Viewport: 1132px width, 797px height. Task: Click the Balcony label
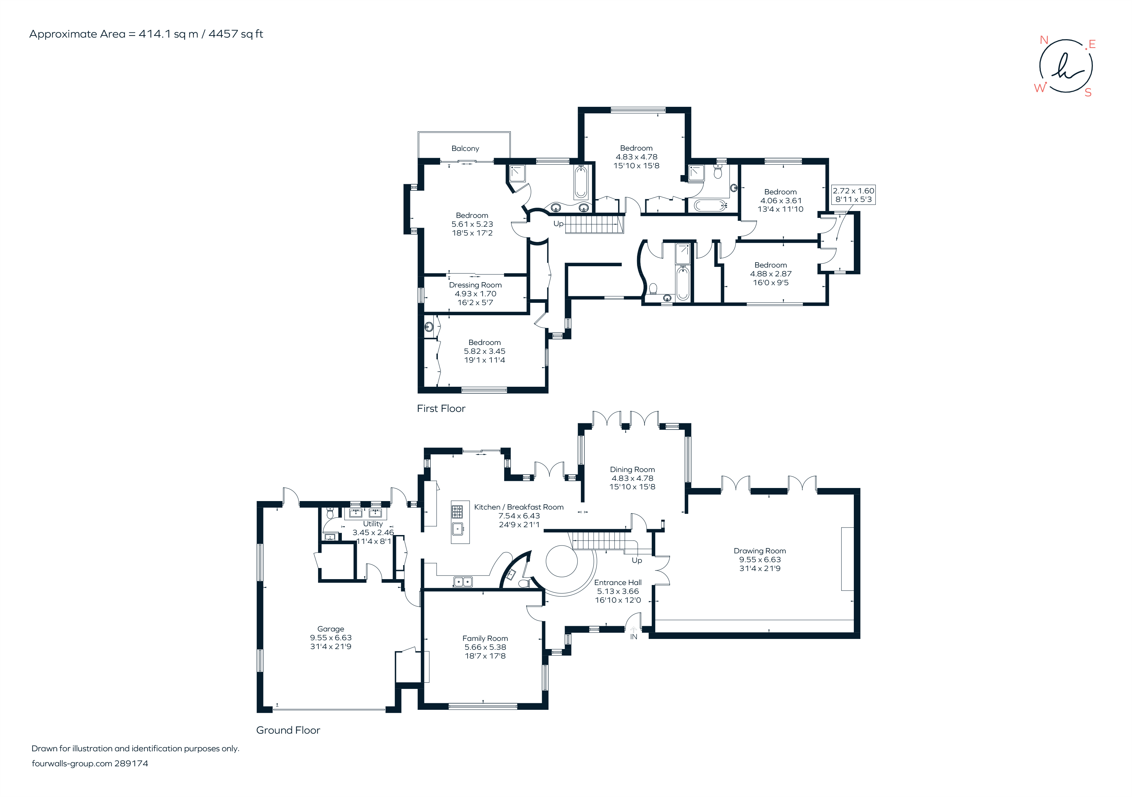[x=465, y=148]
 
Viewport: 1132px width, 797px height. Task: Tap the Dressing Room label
[x=475, y=285]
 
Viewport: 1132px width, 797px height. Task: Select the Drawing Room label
[x=759, y=551]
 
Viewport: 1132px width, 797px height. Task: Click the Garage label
[x=330, y=629]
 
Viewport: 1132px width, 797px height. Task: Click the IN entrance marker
[x=633, y=637]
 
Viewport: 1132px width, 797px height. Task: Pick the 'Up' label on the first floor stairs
[x=558, y=223]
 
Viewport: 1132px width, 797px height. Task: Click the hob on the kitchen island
[x=457, y=512]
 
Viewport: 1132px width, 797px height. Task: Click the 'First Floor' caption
[x=441, y=408]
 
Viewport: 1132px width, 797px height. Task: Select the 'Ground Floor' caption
[x=288, y=730]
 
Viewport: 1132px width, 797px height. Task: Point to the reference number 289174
[x=131, y=763]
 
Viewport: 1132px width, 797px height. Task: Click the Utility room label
[x=373, y=524]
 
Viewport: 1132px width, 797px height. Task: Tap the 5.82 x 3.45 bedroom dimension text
[x=484, y=351]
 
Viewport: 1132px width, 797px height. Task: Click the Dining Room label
[x=632, y=469]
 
